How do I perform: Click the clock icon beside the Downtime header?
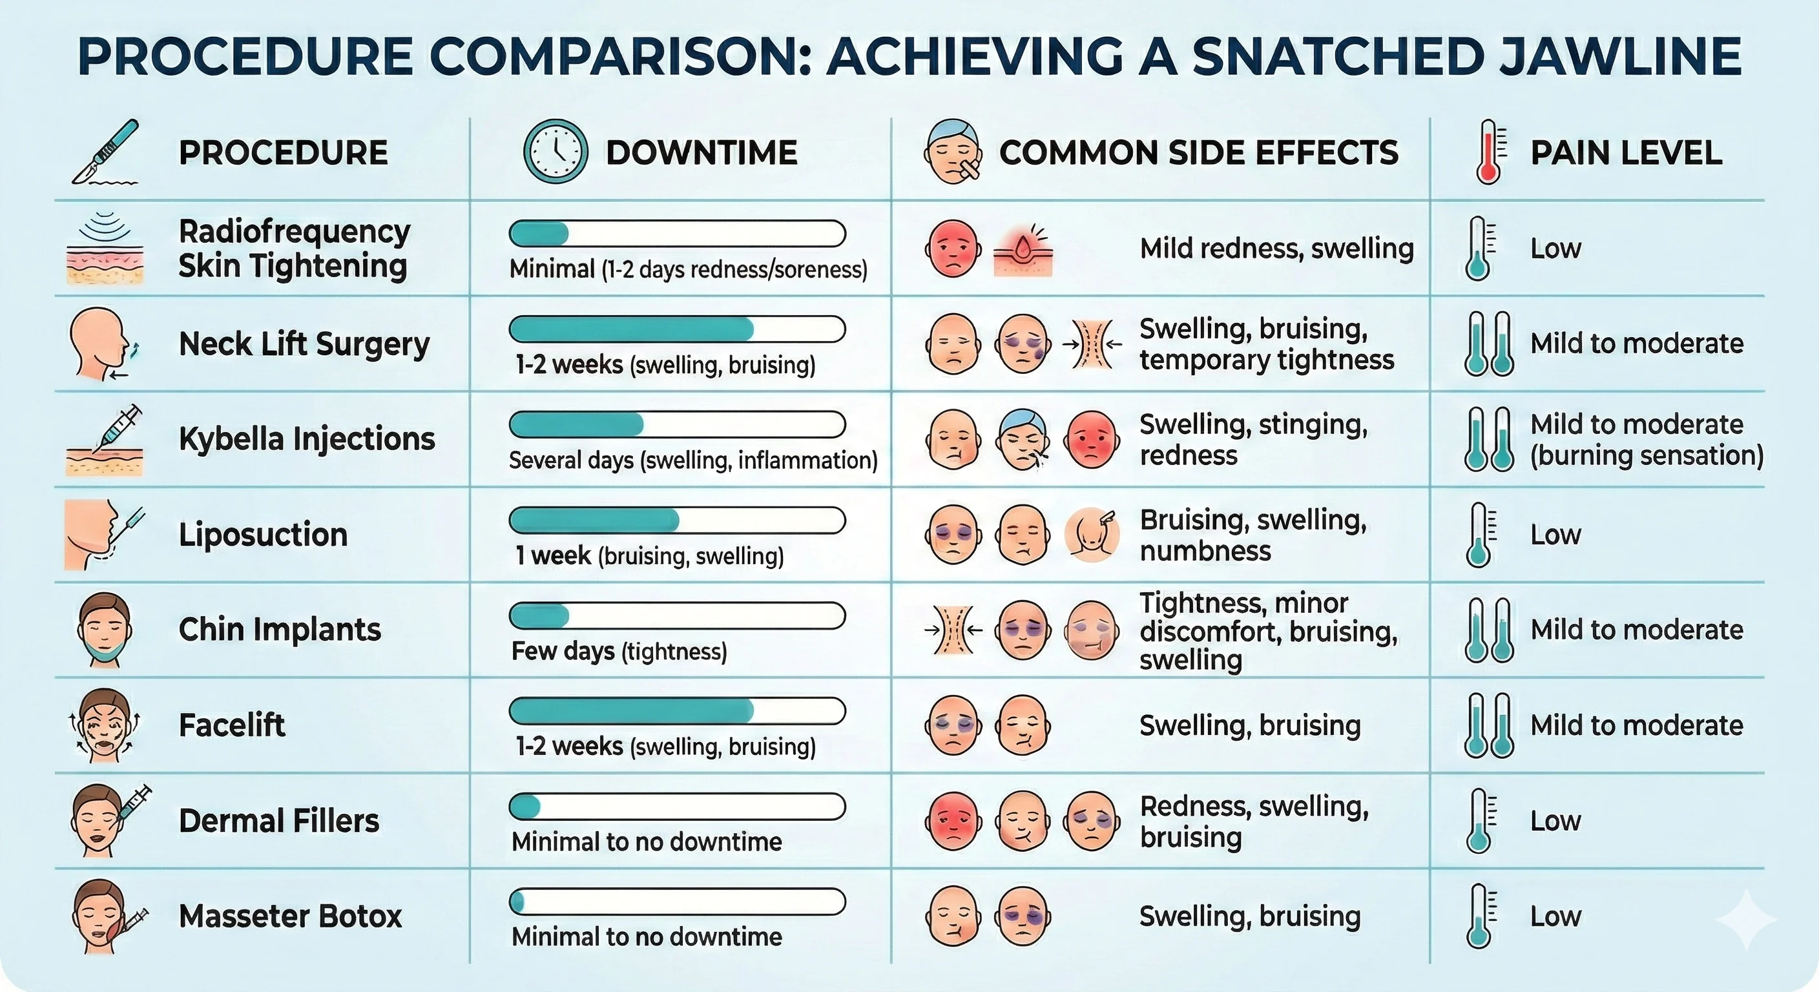coord(555,152)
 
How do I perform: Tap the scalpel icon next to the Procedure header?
coord(106,152)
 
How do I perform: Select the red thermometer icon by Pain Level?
coord(1488,152)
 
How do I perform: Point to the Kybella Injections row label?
coord(306,439)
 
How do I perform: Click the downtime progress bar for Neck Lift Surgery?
coord(676,329)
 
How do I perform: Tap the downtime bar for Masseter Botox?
coord(676,902)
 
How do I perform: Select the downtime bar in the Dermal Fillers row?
coord(676,806)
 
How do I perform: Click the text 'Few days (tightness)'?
coord(619,651)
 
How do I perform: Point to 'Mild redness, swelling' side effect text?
coord(1276,249)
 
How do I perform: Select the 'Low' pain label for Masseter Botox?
coord(1555,916)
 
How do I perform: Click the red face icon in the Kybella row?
coord(1091,439)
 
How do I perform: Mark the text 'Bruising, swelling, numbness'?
coord(1253,535)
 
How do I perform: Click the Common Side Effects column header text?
coord(1198,152)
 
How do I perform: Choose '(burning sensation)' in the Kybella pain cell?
coord(1647,455)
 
